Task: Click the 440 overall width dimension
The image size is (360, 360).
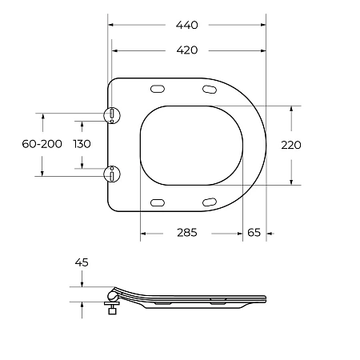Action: tap(187, 25)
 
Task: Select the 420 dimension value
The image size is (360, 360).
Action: tap(187, 50)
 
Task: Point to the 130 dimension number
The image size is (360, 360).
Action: tap(81, 143)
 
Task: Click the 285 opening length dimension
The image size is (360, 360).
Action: tap(186, 233)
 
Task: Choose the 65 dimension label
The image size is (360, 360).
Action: tap(254, 233)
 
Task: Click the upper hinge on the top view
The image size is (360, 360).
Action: tap(112, 115)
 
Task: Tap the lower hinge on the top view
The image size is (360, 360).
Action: tap(112, 173)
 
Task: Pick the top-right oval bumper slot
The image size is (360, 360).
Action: tap(210, 89)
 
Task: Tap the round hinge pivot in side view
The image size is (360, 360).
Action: tap(111, 298)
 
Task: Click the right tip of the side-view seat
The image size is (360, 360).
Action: tap(265, 301)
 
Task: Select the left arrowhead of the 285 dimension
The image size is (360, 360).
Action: tap(144, 233)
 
